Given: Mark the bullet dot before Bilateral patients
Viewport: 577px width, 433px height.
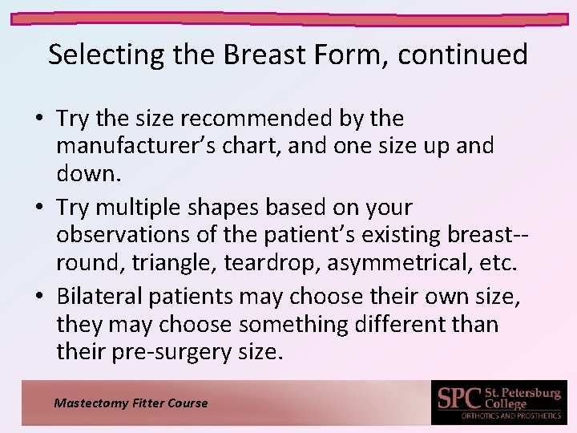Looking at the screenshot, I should coord(40,297).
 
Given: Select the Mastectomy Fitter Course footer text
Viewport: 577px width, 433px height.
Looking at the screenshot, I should coord(131,403).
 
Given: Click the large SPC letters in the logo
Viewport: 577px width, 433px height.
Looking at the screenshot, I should coord(459,399).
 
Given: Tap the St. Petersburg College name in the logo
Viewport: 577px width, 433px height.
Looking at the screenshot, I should coord(522,397).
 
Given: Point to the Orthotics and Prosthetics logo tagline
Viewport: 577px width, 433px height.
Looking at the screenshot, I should coord(511,415).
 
